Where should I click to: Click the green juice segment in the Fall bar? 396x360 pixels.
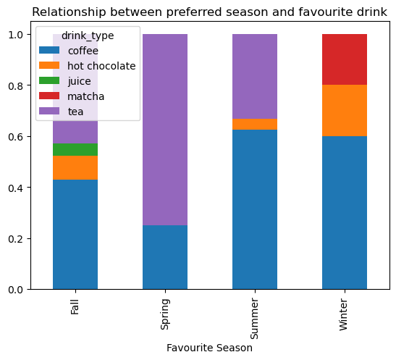pos(75,149)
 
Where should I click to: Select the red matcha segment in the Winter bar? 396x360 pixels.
pos(345,59)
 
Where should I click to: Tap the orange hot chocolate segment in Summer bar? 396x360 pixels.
pos(255,125)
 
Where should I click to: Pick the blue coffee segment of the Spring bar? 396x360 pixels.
pos(165,257)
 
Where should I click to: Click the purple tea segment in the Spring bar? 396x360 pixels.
pos(165,130)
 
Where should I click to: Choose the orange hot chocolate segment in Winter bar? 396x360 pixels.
pos(345,111)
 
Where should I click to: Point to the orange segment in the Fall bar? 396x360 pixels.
pos(75,168)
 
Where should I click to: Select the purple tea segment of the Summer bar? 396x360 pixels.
pos(255,76)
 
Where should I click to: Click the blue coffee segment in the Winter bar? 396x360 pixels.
pos(345,213)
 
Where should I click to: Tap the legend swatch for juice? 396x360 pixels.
pos(49,80)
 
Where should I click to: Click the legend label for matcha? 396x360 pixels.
pos(86,96)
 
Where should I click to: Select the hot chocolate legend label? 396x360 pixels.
pos(101,66)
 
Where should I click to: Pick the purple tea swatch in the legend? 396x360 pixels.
pos(49,111)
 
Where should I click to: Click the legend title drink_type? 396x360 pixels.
pos(88,36)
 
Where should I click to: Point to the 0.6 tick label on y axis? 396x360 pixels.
pos(16,137)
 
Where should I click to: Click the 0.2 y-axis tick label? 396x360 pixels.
pos(16,239)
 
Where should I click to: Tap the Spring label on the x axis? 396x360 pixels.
pos(165,314)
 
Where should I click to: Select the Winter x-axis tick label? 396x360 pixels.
pos(343,314)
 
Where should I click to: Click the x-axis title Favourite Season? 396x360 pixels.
pos(210,348)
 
